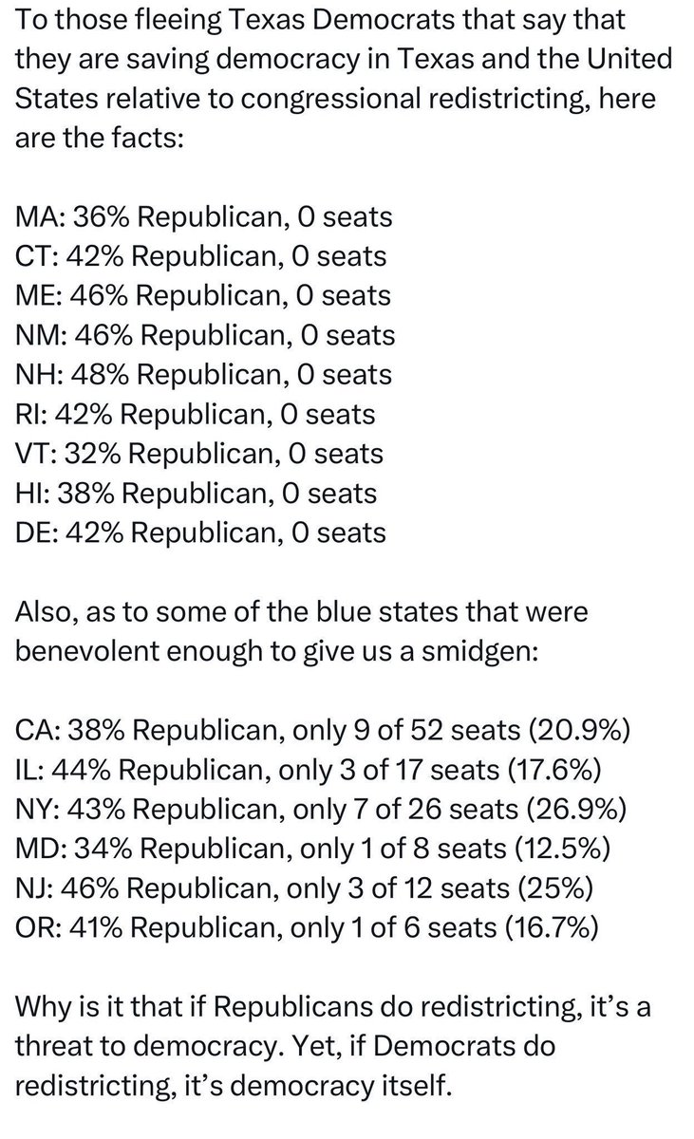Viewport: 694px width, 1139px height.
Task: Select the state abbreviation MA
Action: click(x=35, y=217)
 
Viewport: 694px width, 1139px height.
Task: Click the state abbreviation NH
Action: click(x=35, y=374)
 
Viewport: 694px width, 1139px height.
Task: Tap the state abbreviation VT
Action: click(x=33, y=453)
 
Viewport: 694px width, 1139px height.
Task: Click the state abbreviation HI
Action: click(x=28, y=493)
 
